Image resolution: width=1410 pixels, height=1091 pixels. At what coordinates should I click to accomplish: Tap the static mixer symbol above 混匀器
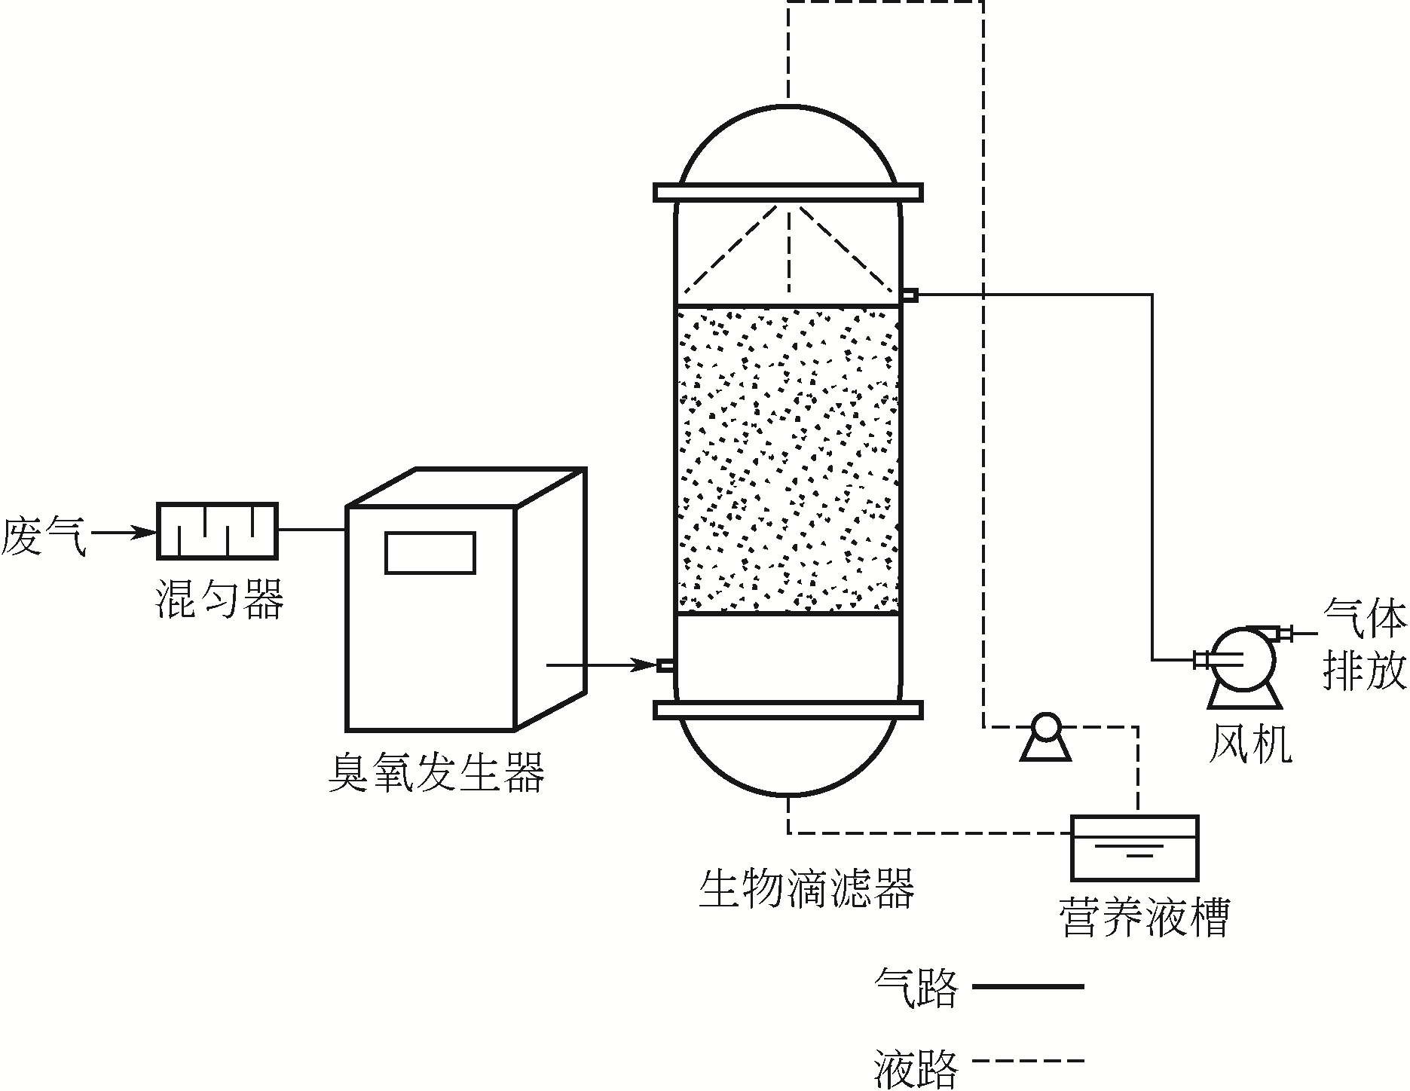pos(217,531)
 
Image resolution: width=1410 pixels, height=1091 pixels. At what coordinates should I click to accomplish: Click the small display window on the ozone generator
pos(430,553)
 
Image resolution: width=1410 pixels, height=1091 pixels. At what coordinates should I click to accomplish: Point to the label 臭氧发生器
pos(436,772)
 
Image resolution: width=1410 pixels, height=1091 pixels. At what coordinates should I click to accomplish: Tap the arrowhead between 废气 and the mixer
pos(143,533)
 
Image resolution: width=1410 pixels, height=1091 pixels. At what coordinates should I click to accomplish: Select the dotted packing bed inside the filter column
pos(788,460)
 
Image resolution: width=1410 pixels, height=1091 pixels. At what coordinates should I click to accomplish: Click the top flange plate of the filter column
pos(788,192)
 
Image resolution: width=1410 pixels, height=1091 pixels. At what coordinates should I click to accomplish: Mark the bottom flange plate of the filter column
pos(788,710)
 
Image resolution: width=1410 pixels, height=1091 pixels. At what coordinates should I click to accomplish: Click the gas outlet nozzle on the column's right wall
pos(910,295)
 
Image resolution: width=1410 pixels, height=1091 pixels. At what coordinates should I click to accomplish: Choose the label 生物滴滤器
pos(806,889)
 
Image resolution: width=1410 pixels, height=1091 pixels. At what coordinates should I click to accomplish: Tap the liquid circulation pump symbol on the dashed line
pos(1045,731)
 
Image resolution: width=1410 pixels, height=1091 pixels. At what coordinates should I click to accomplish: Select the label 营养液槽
pos(1144,915)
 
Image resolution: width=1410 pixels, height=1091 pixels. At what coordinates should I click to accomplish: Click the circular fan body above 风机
pos(1241,658)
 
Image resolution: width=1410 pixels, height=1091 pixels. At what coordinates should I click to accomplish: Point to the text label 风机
pos(1249,744)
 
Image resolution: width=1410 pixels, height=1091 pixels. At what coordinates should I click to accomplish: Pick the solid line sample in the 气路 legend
pos(1028,986)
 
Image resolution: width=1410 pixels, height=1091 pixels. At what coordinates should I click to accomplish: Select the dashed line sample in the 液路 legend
pos(1028,1061)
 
